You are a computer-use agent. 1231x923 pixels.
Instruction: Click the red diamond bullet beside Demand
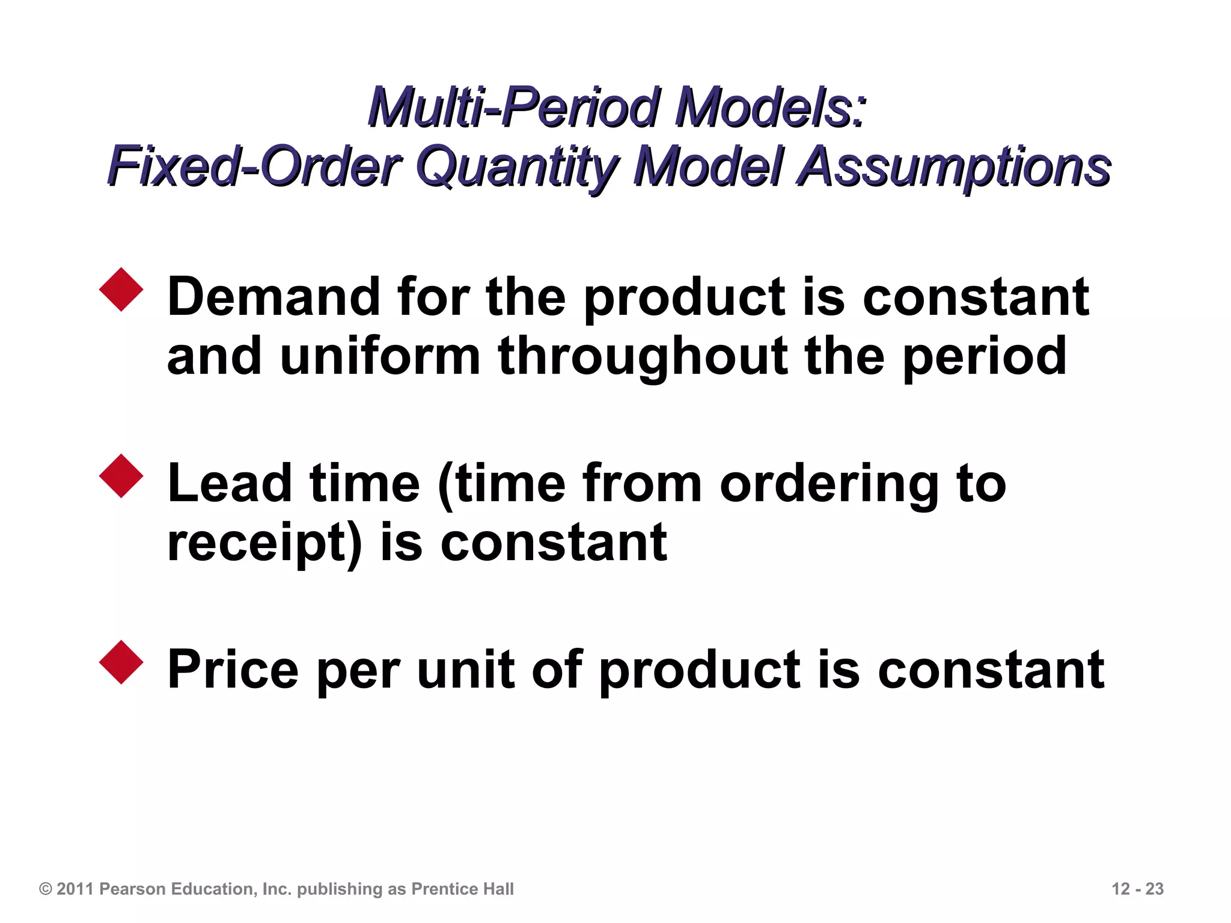pos(121,290)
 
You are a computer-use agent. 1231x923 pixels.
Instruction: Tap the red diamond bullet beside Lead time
pos(121,476)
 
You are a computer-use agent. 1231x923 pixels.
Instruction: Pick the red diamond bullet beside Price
pos(121,662)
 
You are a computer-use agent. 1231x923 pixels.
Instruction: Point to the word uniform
pos(380,356)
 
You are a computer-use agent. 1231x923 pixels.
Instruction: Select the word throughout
pos(643,356)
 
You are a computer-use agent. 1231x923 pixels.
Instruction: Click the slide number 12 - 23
pos(1137,889)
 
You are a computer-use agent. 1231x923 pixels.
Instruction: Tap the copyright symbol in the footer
pos(45,889)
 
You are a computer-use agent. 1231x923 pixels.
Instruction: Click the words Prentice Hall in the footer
pos(462,889)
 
